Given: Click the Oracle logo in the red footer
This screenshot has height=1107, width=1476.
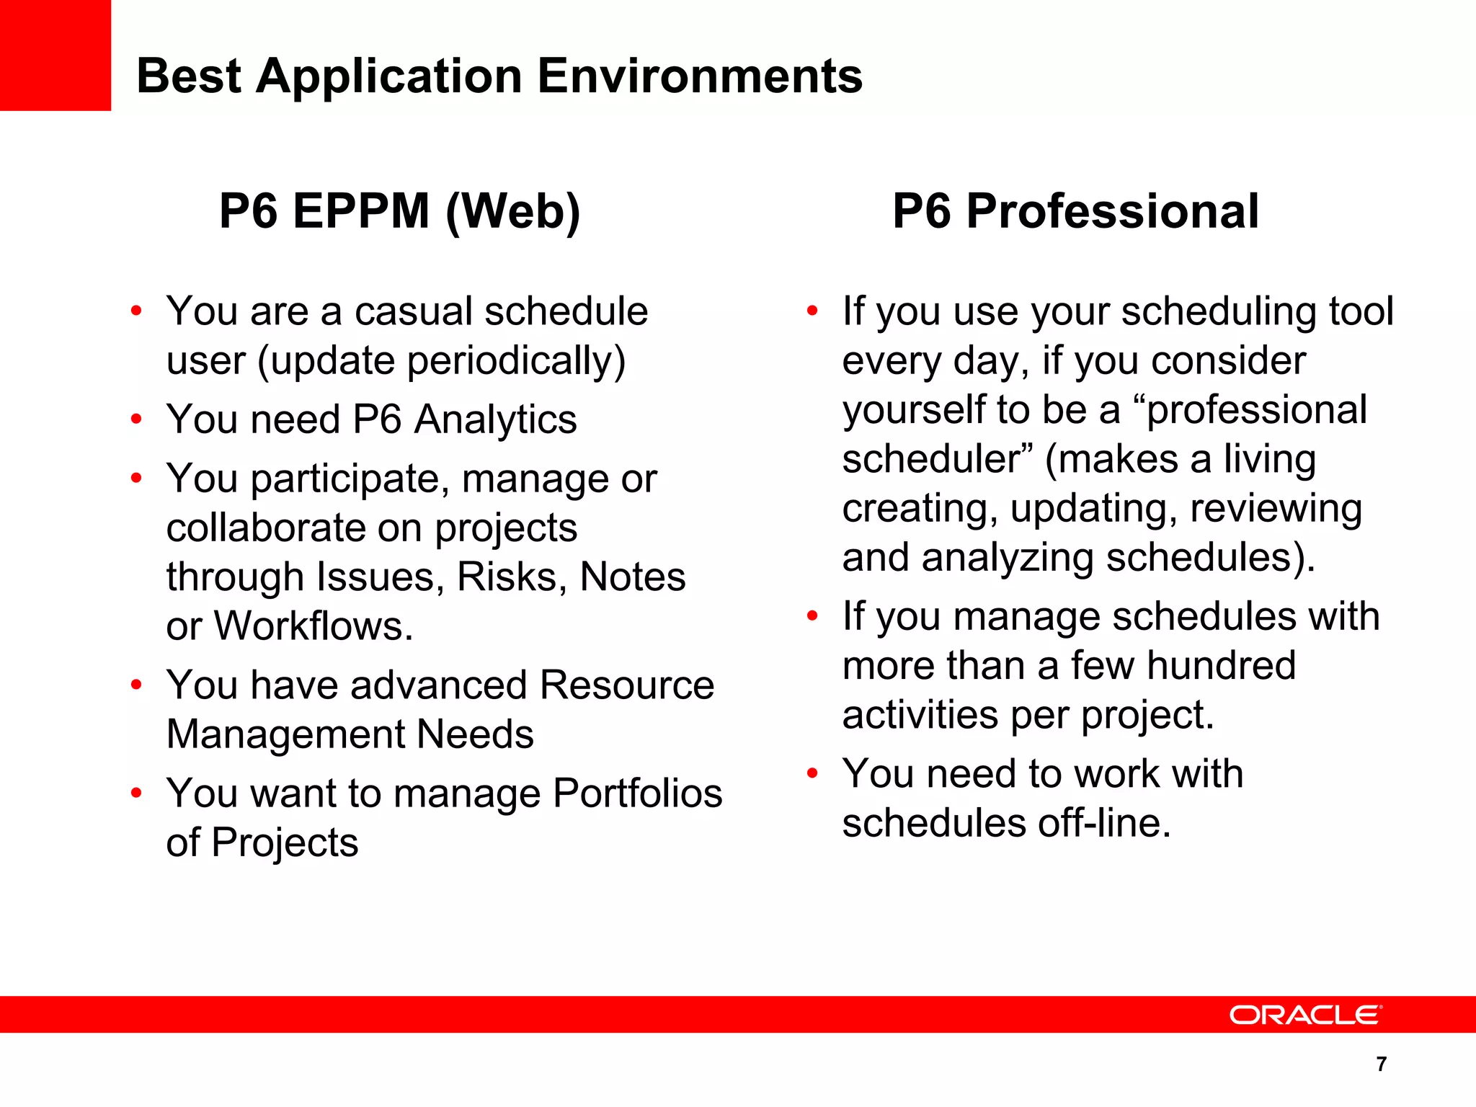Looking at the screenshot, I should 1305,1015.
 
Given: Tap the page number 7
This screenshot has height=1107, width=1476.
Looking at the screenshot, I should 1381,1064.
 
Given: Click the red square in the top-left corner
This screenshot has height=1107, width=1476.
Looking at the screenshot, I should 55,55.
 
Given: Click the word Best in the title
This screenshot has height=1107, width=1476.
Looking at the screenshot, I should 189,76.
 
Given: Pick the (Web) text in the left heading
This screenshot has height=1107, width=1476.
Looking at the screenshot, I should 512,212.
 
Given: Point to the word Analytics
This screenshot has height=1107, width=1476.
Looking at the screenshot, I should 496,419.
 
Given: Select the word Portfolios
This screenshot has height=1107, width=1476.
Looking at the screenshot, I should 638,793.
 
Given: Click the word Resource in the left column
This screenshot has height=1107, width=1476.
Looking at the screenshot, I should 626,685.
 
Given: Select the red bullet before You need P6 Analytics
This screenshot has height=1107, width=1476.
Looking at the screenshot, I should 136,419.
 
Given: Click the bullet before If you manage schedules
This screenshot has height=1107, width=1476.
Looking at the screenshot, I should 812,617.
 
